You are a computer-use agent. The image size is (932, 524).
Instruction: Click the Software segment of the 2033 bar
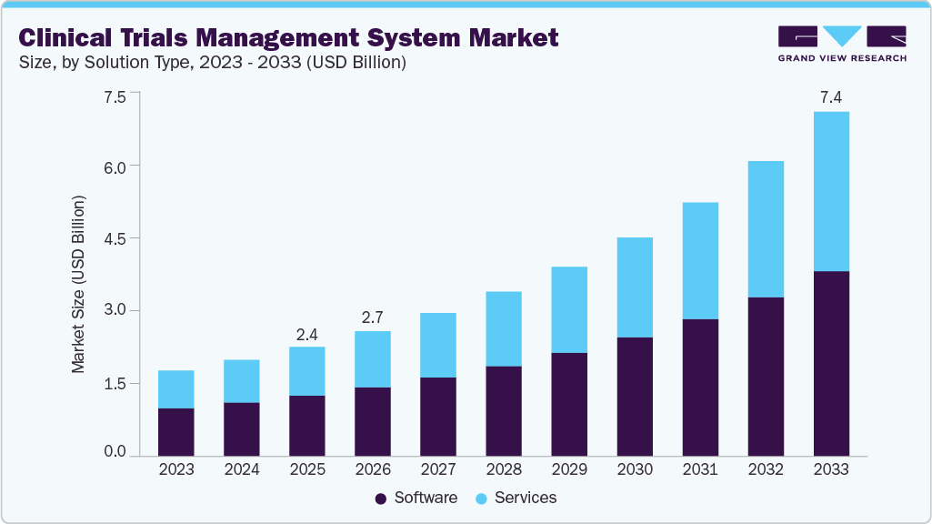coord(831,364)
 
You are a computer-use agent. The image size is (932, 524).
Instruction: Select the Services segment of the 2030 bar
coord(634,287)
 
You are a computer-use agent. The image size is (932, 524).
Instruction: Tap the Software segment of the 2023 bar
coord(175,432)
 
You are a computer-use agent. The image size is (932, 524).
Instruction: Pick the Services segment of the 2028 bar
coord(503,328)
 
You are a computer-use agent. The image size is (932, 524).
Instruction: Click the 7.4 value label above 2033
coord(831,96)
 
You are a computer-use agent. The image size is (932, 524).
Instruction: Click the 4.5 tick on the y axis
coord(115,238)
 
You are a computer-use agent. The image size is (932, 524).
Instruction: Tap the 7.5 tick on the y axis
coord(115,94)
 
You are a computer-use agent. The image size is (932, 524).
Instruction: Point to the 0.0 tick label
coord(115,451)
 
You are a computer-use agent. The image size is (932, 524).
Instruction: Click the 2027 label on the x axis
coord(437,470)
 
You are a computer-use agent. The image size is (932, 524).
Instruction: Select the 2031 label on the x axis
coord(700,470)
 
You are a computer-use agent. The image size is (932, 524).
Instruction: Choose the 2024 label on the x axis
coord(241,470)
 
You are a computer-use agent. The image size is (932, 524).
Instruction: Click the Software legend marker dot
coord(381,499)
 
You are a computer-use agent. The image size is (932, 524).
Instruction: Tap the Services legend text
coord(526,499)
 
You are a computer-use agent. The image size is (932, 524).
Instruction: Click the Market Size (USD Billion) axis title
coord(78,284)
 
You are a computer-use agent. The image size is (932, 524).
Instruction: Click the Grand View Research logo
coord(841,44)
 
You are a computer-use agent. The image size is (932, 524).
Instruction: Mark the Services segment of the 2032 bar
coord(766,229)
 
